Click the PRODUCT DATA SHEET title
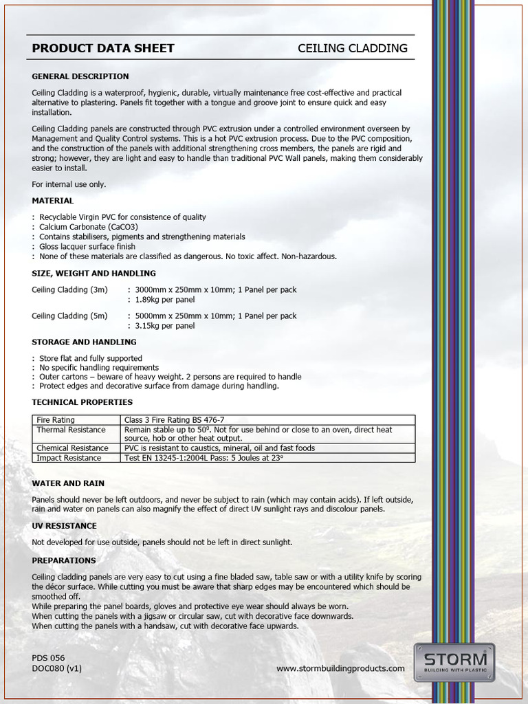pos(103,48)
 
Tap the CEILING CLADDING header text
pos(352,48)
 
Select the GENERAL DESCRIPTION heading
pos(80,76)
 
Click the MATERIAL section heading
pos(53,201)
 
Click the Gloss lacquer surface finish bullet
pos(87,246)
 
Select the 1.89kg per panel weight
pos(165,300)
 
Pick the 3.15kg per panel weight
pos(165,326)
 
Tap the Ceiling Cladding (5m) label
pos(69,316)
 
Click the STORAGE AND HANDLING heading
pos(84,342)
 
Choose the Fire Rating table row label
pos(56,419)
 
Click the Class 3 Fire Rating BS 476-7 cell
pos(174,419)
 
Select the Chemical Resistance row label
pos(72,448)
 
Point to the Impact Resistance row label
pos(69,457)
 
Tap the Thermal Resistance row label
pos(71,430)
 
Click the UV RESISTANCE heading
pos(64,526)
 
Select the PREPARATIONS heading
pos(64,560)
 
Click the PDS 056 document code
pos(48,658)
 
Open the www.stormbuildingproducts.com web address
pos(340,668)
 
